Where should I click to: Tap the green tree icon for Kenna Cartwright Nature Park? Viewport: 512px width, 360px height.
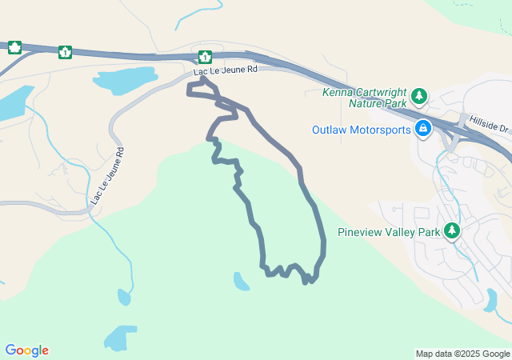click(419, 97)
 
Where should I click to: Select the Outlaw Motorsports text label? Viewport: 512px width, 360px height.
click(362, 130)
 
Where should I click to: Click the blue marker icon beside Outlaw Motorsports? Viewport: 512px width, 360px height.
click(423, 129)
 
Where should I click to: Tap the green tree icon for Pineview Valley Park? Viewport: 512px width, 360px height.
click(453, 231)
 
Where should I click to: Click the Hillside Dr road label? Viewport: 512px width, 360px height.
click(489, 122)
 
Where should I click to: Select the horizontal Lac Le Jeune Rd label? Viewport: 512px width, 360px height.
click(225, 70)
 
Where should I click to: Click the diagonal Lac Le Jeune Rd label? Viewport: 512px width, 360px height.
click(107, 174)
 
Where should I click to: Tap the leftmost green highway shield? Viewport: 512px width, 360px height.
click(14, 47)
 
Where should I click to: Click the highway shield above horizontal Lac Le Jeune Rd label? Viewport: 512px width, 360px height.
click(205, 57)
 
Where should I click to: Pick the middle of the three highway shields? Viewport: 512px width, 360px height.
click(64, 53)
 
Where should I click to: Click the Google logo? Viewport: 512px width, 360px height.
click(27, 350)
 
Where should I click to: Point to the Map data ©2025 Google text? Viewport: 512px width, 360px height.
click(462, 354)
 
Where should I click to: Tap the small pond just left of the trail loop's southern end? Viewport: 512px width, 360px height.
click(241, 281)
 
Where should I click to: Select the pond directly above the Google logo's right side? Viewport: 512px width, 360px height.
click(120, 338)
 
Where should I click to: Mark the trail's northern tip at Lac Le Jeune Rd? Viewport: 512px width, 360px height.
click(203, 78)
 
